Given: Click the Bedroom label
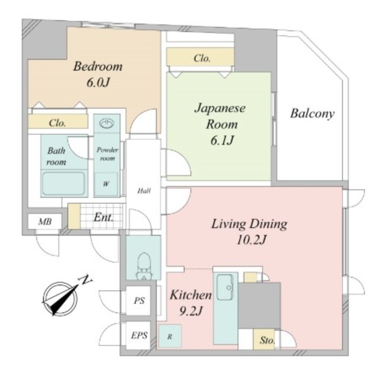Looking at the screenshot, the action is point(98,66).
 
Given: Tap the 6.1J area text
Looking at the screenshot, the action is point(222,140).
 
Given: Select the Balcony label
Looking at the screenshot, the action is point(312,113).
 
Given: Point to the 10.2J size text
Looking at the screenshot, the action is point(251,240).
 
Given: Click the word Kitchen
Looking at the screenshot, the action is point(191,295).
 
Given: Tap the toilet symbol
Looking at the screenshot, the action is point(144,266).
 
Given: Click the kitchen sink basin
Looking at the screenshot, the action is point(224,287).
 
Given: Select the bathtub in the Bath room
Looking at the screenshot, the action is point(64,183).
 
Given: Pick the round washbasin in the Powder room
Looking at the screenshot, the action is point(107,123).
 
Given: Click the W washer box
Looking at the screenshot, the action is point(106,184).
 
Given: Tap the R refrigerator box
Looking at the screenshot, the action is point(170,336).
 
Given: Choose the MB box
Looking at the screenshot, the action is point(45,221).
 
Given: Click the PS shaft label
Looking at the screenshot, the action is point(139,301).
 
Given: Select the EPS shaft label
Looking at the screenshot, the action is point(139,335).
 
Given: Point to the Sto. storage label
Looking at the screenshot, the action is point(267,341).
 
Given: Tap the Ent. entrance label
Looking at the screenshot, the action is point(103,217).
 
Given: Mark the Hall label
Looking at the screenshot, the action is point(144,191).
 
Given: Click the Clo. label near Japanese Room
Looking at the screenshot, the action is point(202,58).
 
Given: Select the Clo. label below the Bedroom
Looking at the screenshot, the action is point(57,123).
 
